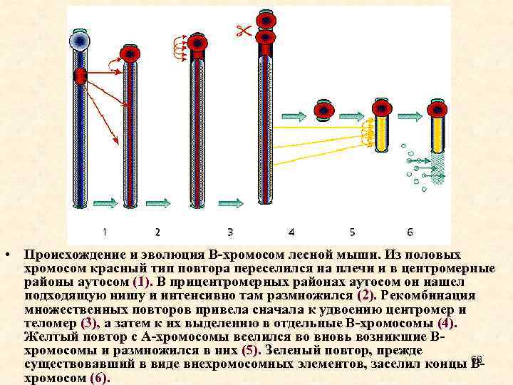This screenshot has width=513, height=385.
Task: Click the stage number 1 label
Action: pos(105,232)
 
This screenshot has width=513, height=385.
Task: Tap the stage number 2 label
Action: pos(157,232)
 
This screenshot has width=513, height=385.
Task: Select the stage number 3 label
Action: pos(230,232)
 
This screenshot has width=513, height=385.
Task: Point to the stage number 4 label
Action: pos(291,232)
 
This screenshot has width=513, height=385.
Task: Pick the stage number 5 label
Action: pos(352,232)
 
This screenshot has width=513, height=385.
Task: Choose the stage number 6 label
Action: pos(410,232)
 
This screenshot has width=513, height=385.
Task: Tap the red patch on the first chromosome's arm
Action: pos(80,74)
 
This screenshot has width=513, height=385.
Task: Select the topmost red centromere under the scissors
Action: pos(266,19)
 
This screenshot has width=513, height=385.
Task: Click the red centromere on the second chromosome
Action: pos(130,53)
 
